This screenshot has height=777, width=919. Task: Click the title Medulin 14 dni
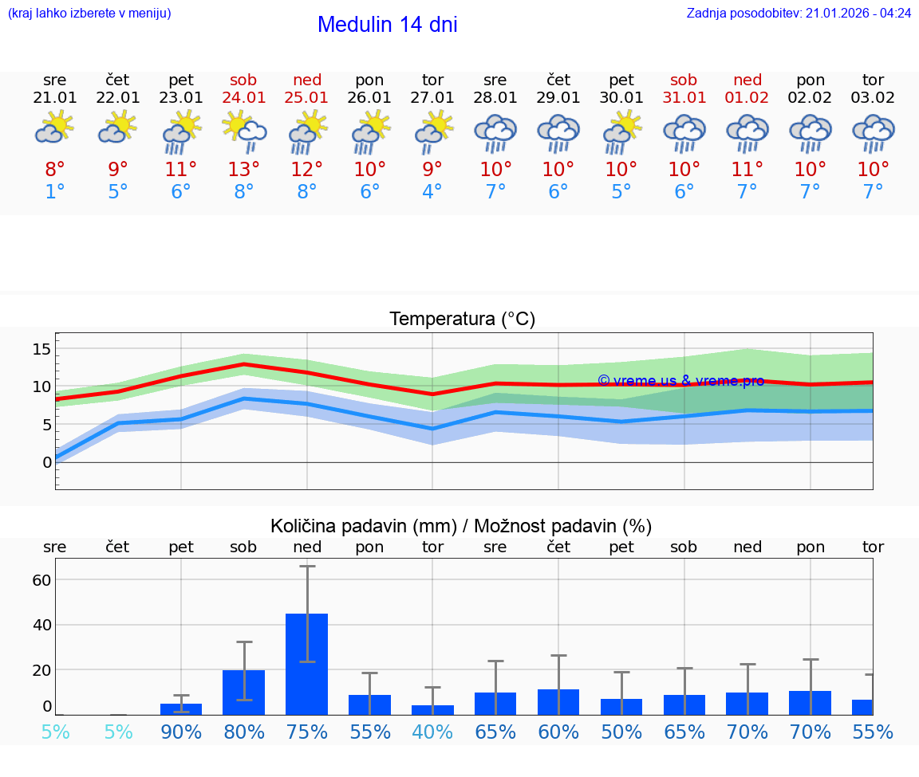coord(387,25)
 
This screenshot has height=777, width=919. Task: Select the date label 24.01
coord(243,97)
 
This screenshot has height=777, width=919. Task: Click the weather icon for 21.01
coord(55,128)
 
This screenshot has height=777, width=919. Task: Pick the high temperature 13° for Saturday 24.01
coord(243,169)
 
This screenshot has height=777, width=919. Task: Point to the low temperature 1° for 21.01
coord(55,192)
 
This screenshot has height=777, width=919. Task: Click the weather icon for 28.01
coord(495,133)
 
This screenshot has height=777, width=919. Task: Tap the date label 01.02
coord(747,97)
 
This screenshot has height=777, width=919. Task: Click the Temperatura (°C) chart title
coord(462,319)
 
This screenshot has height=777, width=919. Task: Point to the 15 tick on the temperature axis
coord(41,349)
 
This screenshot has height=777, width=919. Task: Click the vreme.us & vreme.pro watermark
coord(680,381)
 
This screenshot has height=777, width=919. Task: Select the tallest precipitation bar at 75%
coord(307,663)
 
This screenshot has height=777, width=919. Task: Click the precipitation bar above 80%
coord(244,692)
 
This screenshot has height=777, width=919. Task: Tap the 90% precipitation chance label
coord(181,732)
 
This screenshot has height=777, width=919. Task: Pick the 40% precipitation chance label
coord(432,732)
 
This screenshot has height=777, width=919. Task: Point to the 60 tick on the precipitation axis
coord(41,580)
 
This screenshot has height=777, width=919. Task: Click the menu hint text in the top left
coord(89,13)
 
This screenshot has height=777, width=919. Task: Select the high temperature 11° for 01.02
coord(747,169)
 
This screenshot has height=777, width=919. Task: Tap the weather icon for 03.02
coord(873,133)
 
